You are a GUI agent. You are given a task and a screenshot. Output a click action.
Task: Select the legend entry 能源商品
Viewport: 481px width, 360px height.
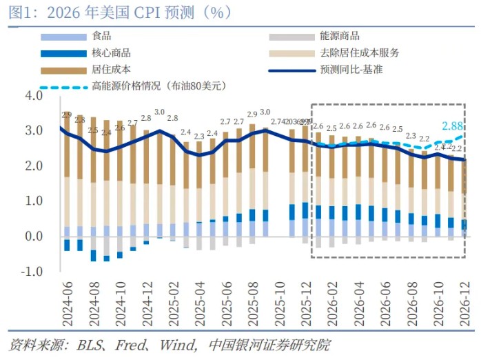click(x=340, y=37)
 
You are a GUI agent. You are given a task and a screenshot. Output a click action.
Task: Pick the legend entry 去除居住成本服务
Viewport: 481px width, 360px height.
click(x=360, y=53)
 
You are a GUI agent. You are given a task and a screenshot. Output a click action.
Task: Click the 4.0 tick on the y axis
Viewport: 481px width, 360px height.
click(x=33, y=95)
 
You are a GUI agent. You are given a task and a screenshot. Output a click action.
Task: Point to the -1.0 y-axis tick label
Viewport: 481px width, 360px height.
click(x=31, y=272)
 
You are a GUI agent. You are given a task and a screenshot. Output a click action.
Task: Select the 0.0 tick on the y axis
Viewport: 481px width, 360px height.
click(x=33, y=237)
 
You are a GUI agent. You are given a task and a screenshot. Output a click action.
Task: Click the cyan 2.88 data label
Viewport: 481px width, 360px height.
click(x=453, y=126)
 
